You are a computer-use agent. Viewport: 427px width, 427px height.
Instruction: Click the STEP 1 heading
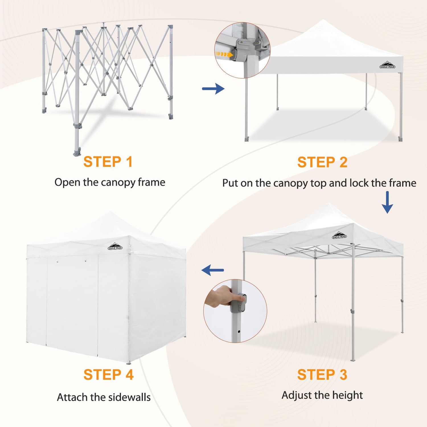[108, 162]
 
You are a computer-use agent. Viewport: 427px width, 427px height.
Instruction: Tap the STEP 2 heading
[322, 162]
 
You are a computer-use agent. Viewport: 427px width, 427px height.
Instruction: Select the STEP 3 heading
[322, 374]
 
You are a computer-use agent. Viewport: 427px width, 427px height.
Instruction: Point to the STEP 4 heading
[108, 374]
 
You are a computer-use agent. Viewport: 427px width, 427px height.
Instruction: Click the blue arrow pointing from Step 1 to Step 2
[213, 89]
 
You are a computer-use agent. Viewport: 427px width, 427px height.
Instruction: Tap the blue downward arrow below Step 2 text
[387, 202]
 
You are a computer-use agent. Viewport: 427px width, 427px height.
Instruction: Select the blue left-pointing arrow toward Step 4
[213, 270]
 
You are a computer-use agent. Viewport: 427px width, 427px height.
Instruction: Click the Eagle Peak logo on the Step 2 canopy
[387, 65]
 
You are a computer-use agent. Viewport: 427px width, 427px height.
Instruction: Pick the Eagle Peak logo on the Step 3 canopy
[339, 235]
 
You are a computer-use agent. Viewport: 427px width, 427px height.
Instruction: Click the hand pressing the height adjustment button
[223, 296]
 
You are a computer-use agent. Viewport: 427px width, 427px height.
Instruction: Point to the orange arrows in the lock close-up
[222, 54]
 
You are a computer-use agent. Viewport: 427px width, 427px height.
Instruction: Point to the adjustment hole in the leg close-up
[239, 332]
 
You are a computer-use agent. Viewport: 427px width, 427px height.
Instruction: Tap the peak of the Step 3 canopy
[329, 203]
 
